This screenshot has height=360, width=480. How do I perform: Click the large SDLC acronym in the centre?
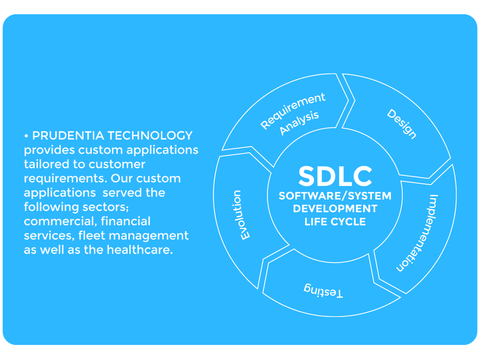click(335, 176)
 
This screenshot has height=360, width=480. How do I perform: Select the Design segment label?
click(402, 124)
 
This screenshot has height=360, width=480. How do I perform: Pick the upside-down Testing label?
click(323, 290)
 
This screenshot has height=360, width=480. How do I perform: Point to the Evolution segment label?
click(241, 215)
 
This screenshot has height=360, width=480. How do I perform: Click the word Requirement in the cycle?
click(293, 110)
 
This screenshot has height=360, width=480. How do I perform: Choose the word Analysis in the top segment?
click(299, 123)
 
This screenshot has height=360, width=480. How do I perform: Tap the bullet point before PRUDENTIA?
click(26, 135)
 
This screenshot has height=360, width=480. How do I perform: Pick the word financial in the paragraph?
click(126, 221)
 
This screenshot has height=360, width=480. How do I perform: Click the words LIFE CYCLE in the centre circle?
click(335, 222)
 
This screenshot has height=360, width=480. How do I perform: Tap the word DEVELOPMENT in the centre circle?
click(335, 209)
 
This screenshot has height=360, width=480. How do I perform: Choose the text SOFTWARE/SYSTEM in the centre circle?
click(335, 196)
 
